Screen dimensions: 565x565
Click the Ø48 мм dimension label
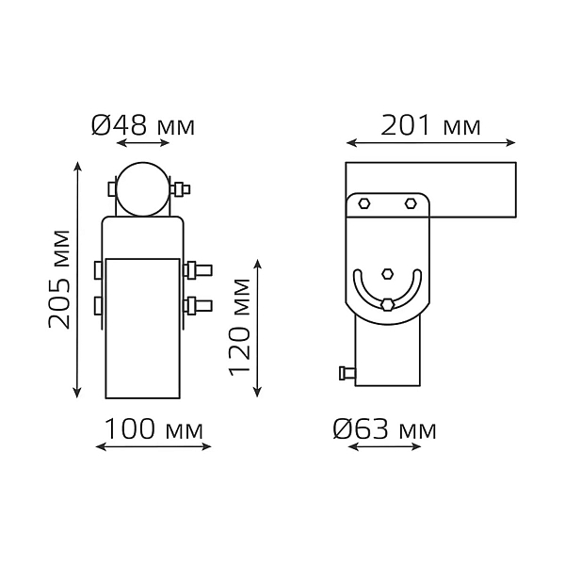[x=143, y=125]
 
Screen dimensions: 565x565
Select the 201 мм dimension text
[x=430, y=125]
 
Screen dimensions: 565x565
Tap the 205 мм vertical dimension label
[x=58, y=280]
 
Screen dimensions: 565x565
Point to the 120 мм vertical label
[x=239, y=327]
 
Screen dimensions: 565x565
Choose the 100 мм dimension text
[x=153, y=429]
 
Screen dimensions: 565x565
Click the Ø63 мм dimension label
[x=384, y=429]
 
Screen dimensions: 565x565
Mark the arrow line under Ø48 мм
[x=143, y=143]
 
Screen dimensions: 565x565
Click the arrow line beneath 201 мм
[x=431, y=143]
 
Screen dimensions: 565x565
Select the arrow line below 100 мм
[x=153, y=447]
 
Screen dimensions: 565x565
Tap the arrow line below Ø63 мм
[x=385, y=447]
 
